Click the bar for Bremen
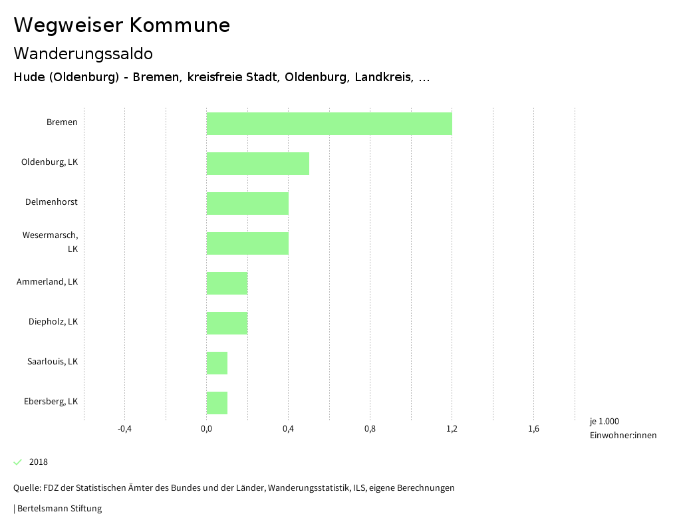[329, 124]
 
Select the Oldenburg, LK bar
[258, 164]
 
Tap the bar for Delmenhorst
[247, 203]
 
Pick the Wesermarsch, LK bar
[247, 243]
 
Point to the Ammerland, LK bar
[227, 283]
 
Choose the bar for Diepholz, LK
[227, 323]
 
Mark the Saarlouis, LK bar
[217, 363]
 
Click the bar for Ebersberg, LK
[217, 403]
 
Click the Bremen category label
[62, 122]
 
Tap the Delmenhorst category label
[51, 202]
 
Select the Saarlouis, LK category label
[53, 362]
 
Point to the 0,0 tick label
[206, 429]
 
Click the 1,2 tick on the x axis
[452, 429]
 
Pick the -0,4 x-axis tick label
[124, 429]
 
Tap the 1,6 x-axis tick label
[533, 429]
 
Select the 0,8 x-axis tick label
[370, 429]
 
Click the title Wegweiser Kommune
[122, 25]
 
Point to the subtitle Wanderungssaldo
[83, 53]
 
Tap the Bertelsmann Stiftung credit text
[59, 509]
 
